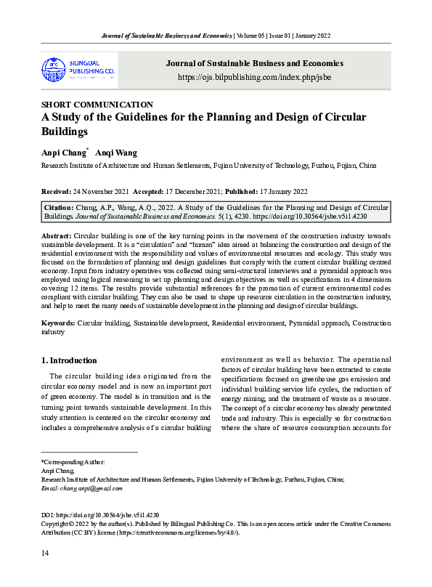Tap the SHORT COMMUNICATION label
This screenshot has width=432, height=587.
(97, 105)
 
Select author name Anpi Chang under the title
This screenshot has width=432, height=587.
(64, 153)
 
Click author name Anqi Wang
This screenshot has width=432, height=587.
(120, 153)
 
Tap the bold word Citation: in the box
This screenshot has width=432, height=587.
(61, 207)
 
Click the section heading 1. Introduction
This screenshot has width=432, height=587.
(69, 360)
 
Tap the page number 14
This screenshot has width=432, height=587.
(45, 554)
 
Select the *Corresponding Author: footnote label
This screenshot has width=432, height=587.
(73, 462)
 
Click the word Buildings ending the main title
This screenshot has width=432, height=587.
(65, 132)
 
